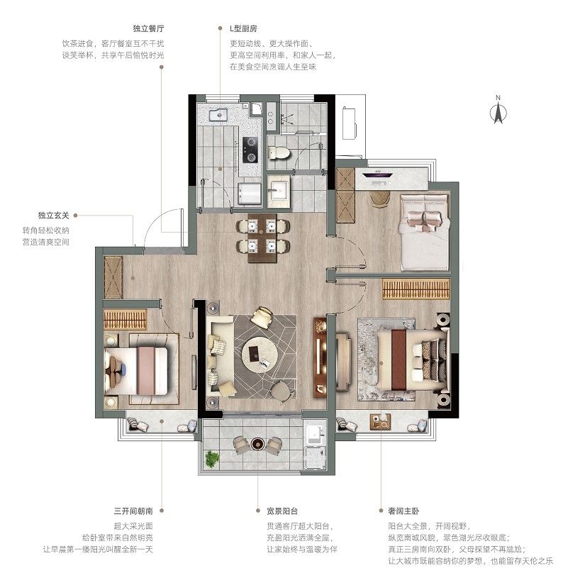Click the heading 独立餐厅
[148, 28]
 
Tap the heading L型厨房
[243, 28]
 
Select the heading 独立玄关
[54, 216]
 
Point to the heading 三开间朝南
[133, 511]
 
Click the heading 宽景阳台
[282, 511]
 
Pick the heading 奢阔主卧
[403, 511]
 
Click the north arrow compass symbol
[498, 110]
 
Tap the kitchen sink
[218, 114]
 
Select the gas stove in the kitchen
[250, 150]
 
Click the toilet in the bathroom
[278, 152]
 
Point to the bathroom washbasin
[279, 191]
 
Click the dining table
[262, 238]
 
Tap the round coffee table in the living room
[260, 355]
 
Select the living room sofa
[220, 355]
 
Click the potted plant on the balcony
[211, 458]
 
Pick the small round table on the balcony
[257, 443]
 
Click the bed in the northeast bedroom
[424, 232]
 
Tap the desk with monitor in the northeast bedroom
[377, 178]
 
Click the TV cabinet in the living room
[320, 357]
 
